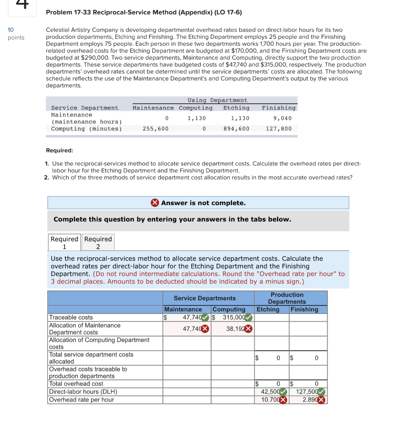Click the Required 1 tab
(64, 242)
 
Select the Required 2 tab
(98, 242)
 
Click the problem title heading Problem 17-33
(144, 12)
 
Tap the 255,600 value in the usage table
(155, 129)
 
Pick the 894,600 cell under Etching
(236, 129)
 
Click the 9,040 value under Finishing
(282, 118)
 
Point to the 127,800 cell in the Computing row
(279, 129)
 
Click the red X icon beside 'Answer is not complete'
(155, 203)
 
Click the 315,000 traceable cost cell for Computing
(232, 317)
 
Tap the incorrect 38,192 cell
(235, 329)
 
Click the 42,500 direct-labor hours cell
(270, 392)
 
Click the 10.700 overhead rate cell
(270, 400)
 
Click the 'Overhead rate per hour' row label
(81, 400)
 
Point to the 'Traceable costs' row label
(71, 317)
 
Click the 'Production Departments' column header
(287, 298)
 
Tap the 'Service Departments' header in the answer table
(205, 298)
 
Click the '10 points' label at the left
(16, 34)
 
